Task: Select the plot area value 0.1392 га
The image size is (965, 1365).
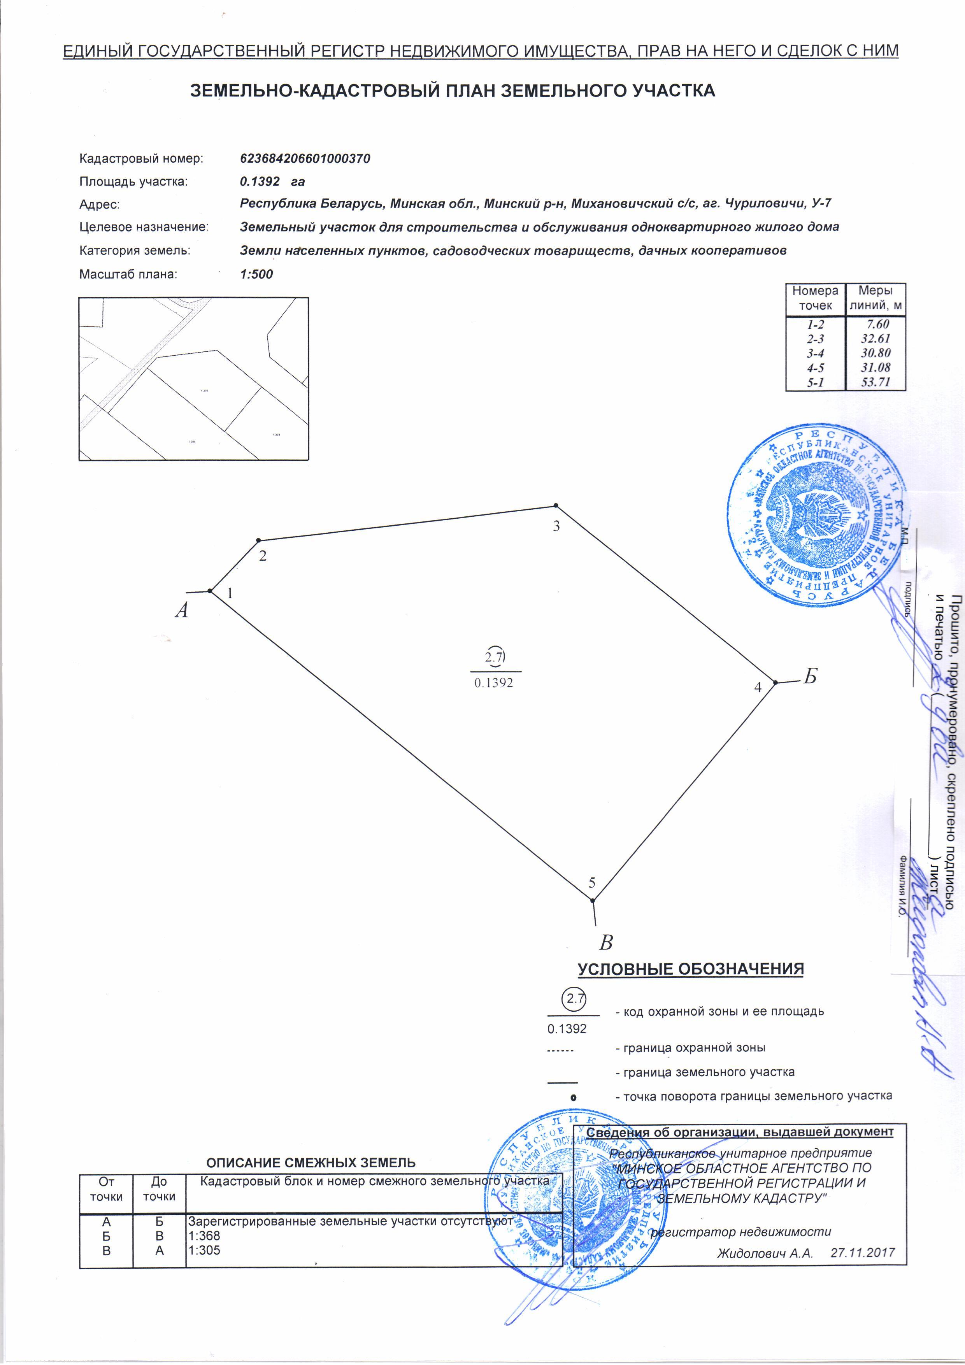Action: pyautogui.click(x=272, y=181)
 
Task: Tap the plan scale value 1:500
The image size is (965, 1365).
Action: pyautogui.click(x=256, y=274)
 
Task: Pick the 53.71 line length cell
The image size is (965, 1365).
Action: pyautogui.click(x=876, y=382)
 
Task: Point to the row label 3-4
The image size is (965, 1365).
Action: pyautogui.click(x=815, y=353)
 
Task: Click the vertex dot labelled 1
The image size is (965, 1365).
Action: pyautogui.click(x=211, y=591)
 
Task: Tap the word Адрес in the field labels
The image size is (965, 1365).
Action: pyautogui.click(x=99, y=205)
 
